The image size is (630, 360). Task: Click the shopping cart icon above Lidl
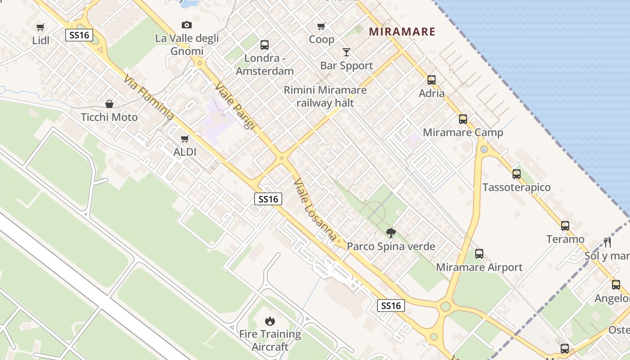click(x=40, y=27)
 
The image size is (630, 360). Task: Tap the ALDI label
click(x=184, y=152)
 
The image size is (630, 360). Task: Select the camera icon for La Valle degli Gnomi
click(x=186, y=25)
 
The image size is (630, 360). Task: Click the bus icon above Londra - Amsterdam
click(x=264, y=45)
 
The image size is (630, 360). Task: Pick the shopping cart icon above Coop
click(x=321, y=27)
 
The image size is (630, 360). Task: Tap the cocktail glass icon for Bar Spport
click(x=346, y=52)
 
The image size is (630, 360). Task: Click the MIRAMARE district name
click(x=402, y=32)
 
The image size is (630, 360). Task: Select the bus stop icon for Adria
click(x=431, y=80)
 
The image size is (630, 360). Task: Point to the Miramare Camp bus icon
click(x=463, y=119)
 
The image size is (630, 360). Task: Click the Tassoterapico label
click(x=516, y=187)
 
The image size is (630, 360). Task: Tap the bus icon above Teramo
click(x=565, y=226)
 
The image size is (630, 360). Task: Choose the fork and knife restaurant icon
click(x=607, y=243)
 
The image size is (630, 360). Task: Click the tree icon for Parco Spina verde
click(x=391, y=233)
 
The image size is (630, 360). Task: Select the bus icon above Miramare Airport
click(x=479, y=254)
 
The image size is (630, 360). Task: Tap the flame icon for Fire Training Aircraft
click(x=270, y=321)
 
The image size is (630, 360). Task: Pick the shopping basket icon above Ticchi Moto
click(x=109, y=104)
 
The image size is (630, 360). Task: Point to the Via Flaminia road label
click(x=148, y=98)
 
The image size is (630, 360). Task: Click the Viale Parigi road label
click(x=235, y=105)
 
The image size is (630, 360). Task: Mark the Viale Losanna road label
click(x=315, y=209)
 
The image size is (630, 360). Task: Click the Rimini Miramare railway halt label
click(x=325, y=96)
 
